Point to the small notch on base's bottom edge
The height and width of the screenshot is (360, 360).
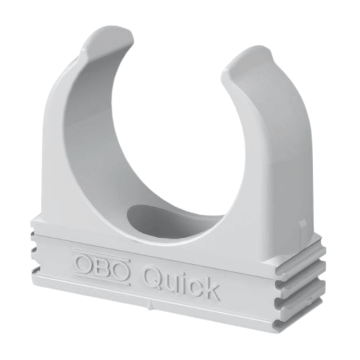pyautogui.click(x=151, y=306)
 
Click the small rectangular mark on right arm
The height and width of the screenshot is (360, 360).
pyautogui.click(x=302, y=223)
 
